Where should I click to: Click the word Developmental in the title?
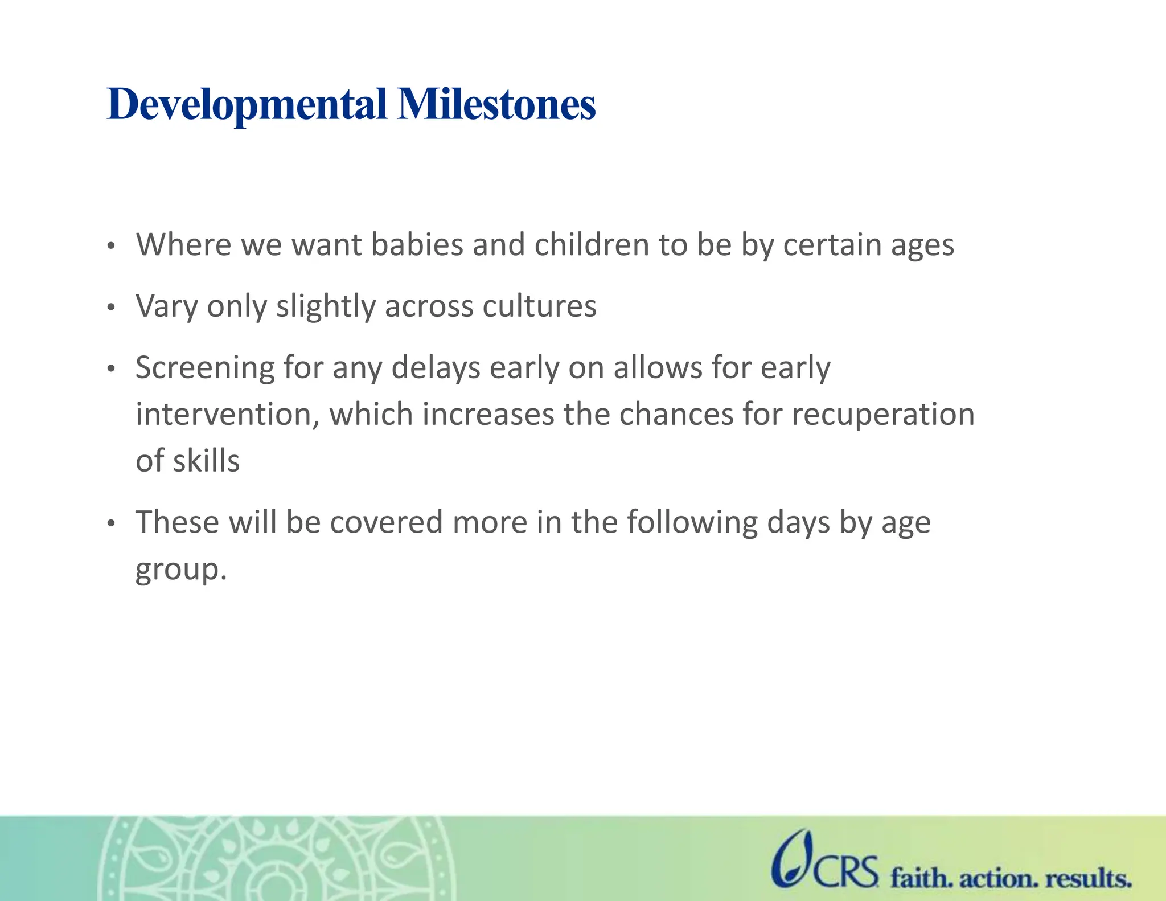[247, 105]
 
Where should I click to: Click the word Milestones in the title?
[496, 105]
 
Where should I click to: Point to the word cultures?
[539, 306]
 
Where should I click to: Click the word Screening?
[205, 368]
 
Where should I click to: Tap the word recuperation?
[883, 414]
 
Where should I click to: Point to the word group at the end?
[177, 570]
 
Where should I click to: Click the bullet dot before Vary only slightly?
[111, 308]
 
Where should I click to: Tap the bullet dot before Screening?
[111, 370]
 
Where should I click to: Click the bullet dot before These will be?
[111, 523]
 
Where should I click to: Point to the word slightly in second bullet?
[326, 306]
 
